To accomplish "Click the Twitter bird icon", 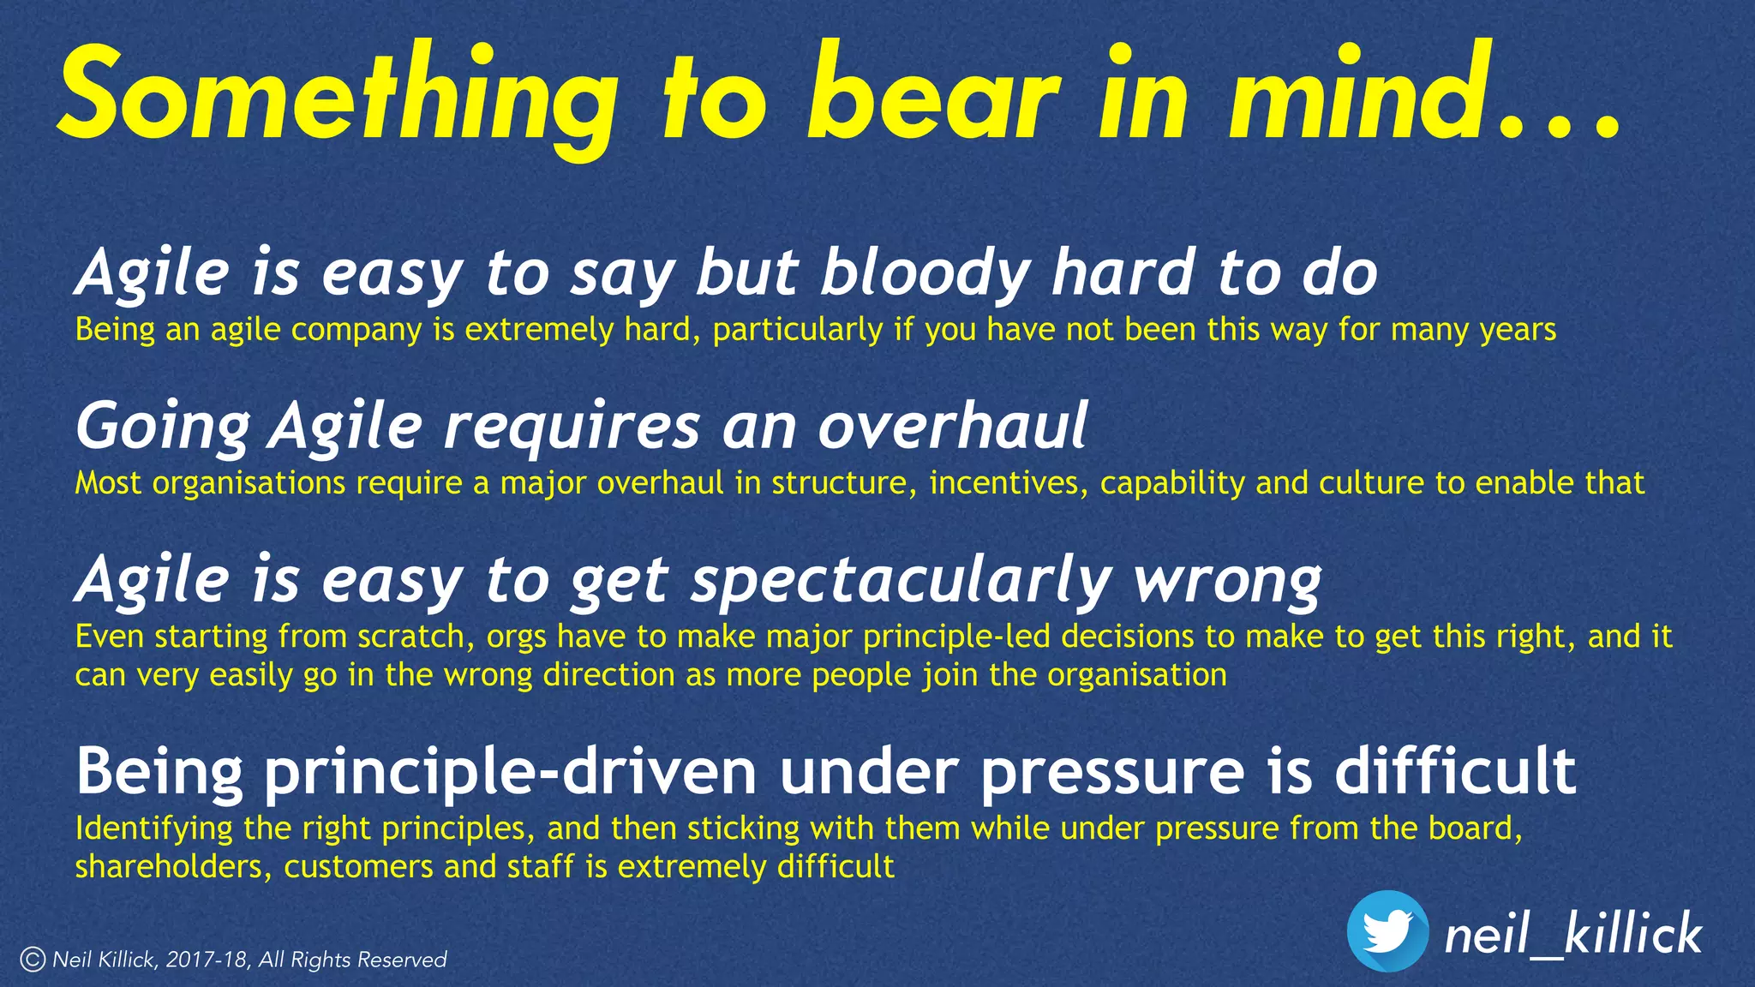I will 1387,930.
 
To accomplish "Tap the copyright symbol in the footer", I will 33,960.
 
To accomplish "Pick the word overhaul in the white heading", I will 952,426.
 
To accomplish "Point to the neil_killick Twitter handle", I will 1572,934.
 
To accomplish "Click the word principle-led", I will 951,637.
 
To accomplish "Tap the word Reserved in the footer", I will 402,960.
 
